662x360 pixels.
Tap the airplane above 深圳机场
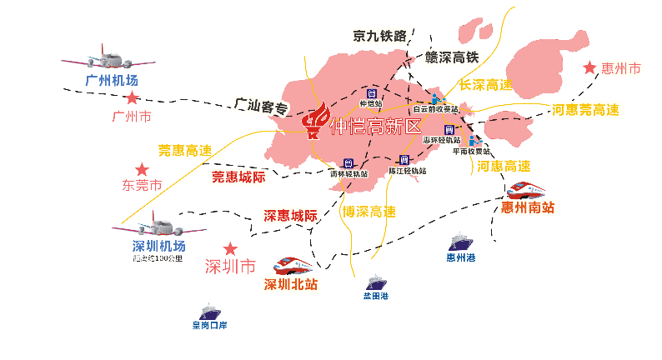tap(158, 226)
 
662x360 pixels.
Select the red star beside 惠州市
tap(590, 68)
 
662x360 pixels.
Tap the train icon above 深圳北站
tap(290, 264)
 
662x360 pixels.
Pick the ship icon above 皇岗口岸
tap(204, 312)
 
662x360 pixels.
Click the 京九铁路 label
tap(379, 35)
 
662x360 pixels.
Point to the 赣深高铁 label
tap(452, 57)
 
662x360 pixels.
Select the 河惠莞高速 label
tap(586, 110)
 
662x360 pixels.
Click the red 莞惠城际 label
tap(238, 177)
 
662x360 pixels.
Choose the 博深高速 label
tap(369, 212)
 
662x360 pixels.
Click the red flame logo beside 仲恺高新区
tap(315, 122)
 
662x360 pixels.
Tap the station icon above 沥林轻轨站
tap(348, 163)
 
